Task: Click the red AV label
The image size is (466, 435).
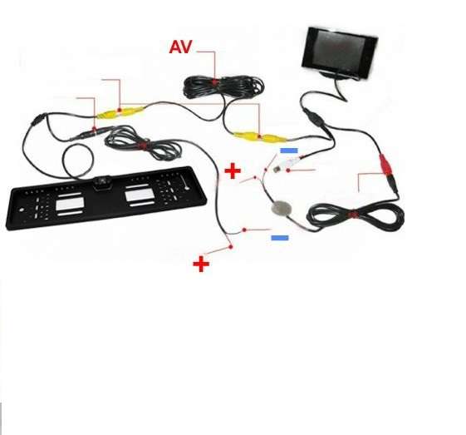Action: (180, 47)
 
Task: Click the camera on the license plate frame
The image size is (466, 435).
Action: (102, 182)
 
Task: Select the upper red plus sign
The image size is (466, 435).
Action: (233, 171)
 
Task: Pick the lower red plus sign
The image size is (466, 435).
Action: (201, 264)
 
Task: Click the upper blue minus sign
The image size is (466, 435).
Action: (289, 151)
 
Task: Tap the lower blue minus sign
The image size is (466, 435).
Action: (280, 238)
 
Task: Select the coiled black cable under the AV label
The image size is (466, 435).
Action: (223, 87)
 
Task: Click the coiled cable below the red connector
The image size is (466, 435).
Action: (356, 215)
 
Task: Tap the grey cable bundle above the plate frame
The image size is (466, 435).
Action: (144, 145)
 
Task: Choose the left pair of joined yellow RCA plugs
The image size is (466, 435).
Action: (120, 113)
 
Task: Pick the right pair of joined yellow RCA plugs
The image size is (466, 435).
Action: (261, 137)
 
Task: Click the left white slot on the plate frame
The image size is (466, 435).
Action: (70, 204)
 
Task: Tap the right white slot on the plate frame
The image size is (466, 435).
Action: (140, 195)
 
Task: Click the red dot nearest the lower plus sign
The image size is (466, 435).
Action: (231, 247)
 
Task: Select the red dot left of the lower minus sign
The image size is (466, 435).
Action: (244, 230)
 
